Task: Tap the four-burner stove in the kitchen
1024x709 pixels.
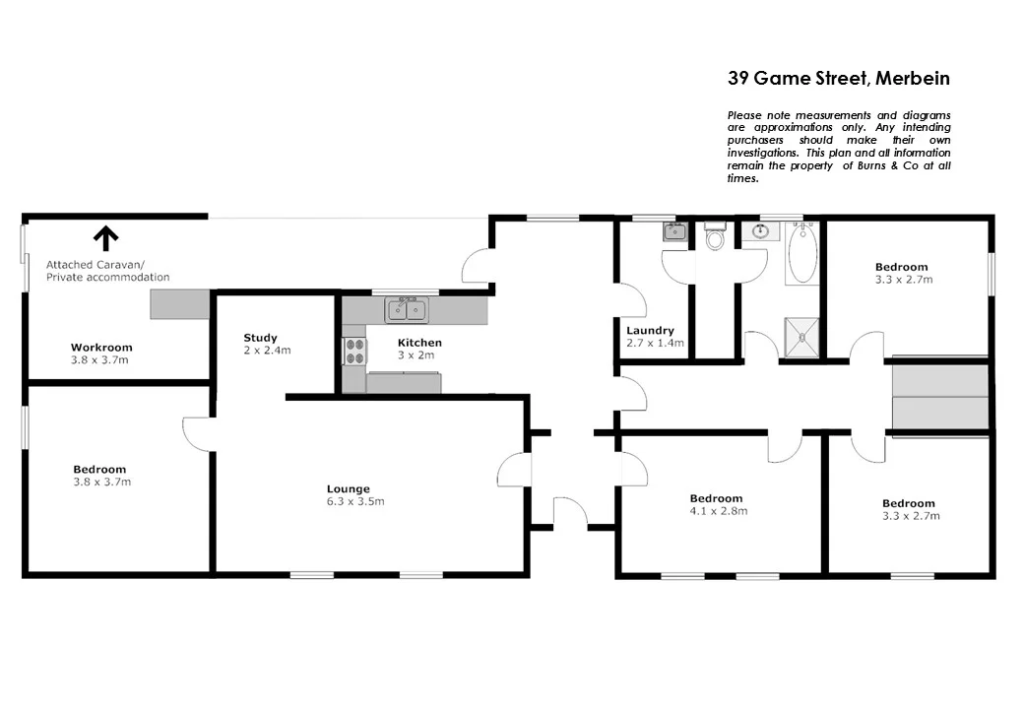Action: coord(353,352)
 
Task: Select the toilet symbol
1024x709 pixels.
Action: coord(715,238)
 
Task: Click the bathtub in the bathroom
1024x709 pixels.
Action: coord(802,253)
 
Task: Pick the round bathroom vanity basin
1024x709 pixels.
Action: coord(759,232)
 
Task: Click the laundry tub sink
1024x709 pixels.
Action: coord(674,232)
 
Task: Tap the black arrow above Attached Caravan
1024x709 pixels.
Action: coord(105,237)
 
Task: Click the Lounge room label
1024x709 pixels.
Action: coord(349,488)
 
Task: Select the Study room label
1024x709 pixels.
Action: coord(261,338)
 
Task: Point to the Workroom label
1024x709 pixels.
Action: coord(101,348)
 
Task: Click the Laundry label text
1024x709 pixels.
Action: coord(650,330)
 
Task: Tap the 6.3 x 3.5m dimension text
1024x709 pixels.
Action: coord(355,501)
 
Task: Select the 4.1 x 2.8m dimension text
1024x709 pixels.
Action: coord(718,511)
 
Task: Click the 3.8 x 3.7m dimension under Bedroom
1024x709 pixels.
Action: coord(101,482)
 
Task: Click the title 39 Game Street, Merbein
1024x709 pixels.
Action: coord(838,78)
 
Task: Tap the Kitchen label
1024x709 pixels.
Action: coord(419,343)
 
